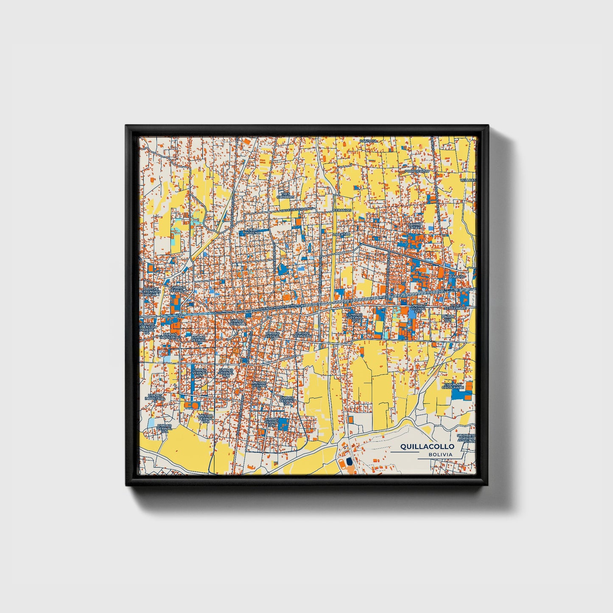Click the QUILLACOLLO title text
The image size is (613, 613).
pos(427,446)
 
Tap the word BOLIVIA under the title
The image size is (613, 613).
pos(440,454)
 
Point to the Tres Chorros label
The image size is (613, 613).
pos(285,196)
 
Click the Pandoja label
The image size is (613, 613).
pos(368,140)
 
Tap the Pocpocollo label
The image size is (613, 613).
pos(417,171)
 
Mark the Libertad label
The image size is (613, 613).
pos(342,234)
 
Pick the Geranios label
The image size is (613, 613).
pos(342,210)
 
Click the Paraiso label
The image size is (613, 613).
pos(458,276)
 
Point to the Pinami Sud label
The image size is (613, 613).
pos(448,318)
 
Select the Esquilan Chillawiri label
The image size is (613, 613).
pos(453,385)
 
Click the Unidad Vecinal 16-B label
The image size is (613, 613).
pos(227,373)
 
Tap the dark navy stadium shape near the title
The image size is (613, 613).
pos(349,462)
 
